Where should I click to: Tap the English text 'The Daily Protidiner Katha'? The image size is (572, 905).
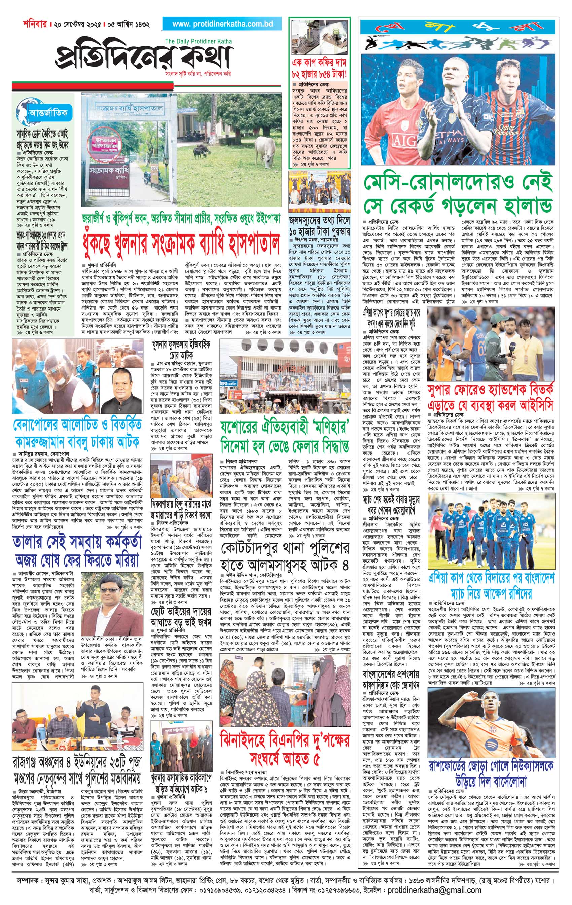coord(199,41)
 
